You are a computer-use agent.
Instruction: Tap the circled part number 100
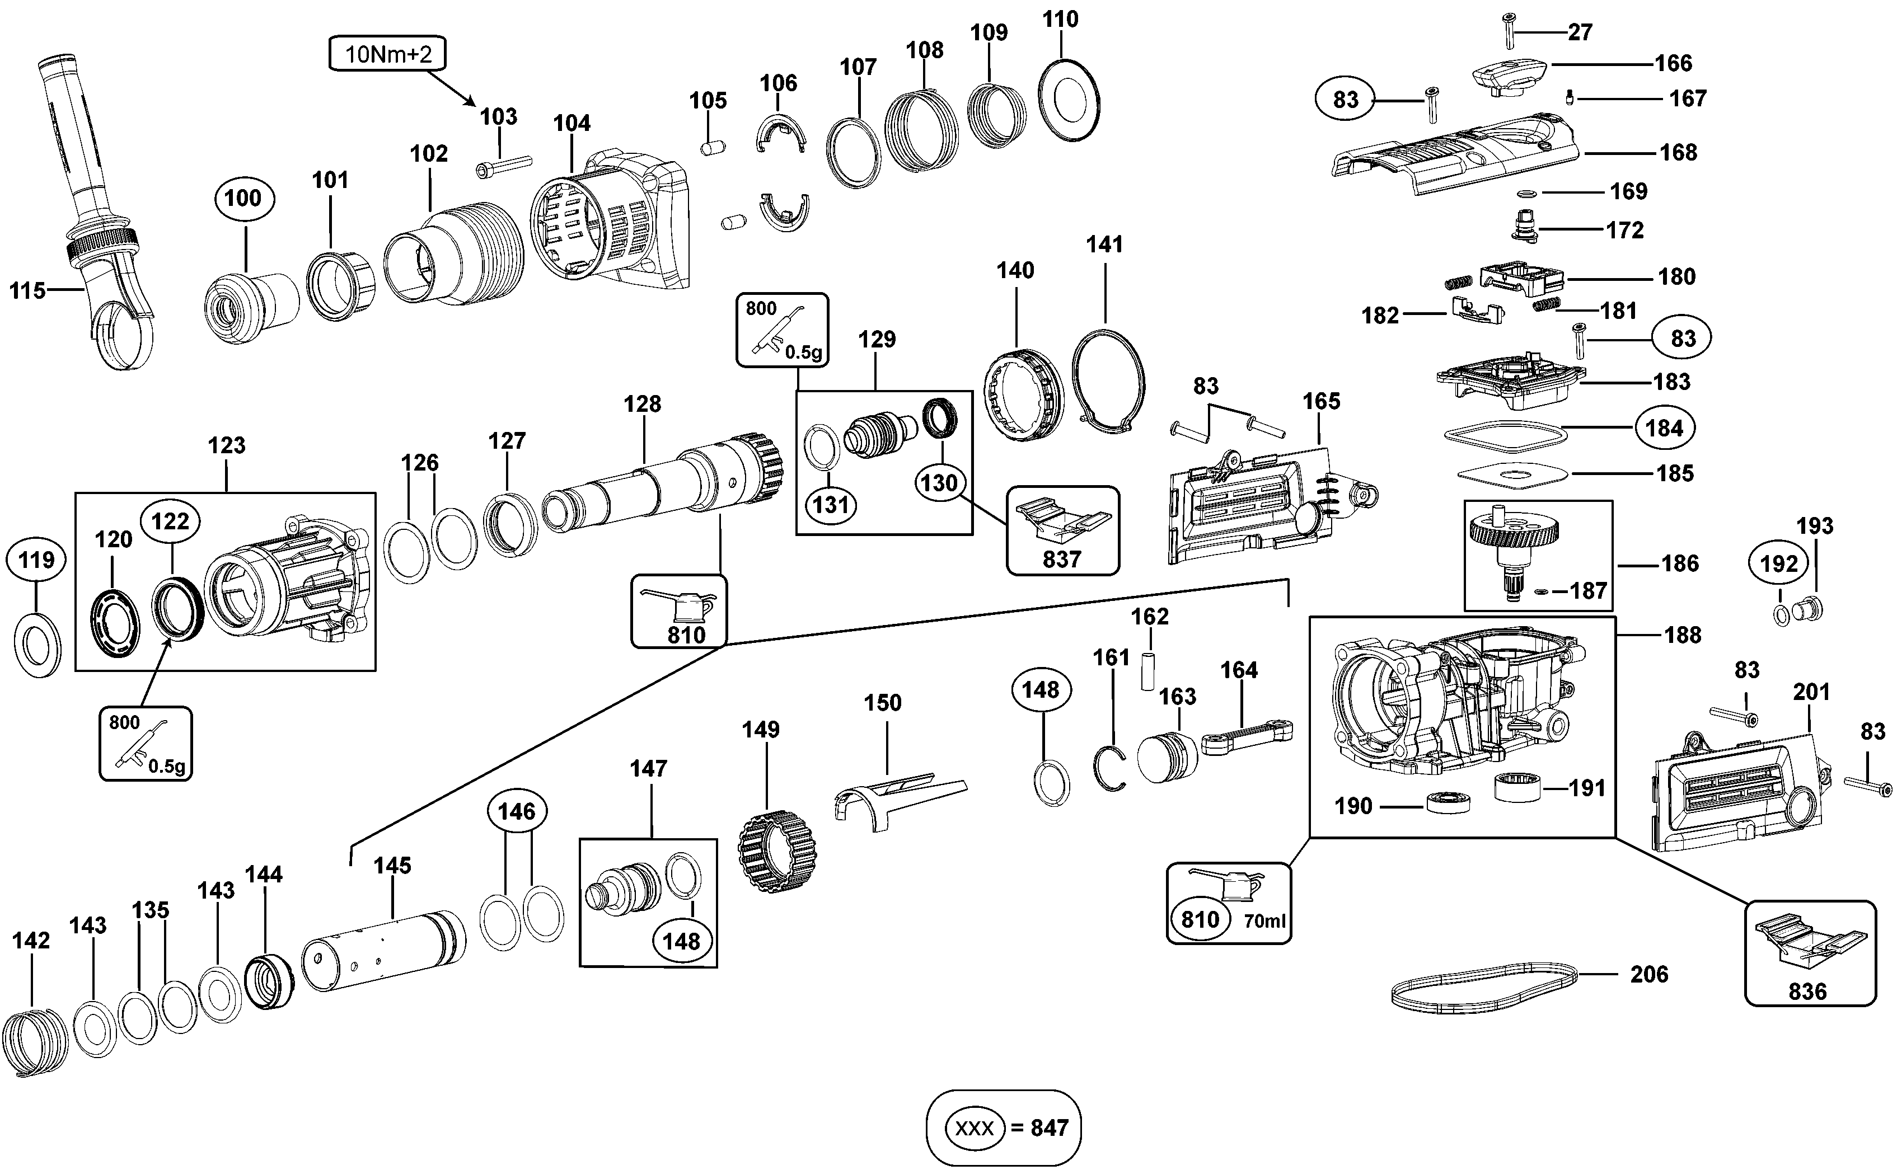pos(242,198)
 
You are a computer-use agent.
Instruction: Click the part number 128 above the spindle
pos(643,404)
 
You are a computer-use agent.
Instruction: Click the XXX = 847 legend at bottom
pos(1003,1127)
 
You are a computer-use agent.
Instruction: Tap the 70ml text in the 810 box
pos(1264,921)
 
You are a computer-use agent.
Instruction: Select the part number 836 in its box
pos(1807,992)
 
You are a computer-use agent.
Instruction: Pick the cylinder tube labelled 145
pos(383,951)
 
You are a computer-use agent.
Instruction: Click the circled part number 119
pos(36,560)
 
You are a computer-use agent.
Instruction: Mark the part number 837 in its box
pos(1061,558)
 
